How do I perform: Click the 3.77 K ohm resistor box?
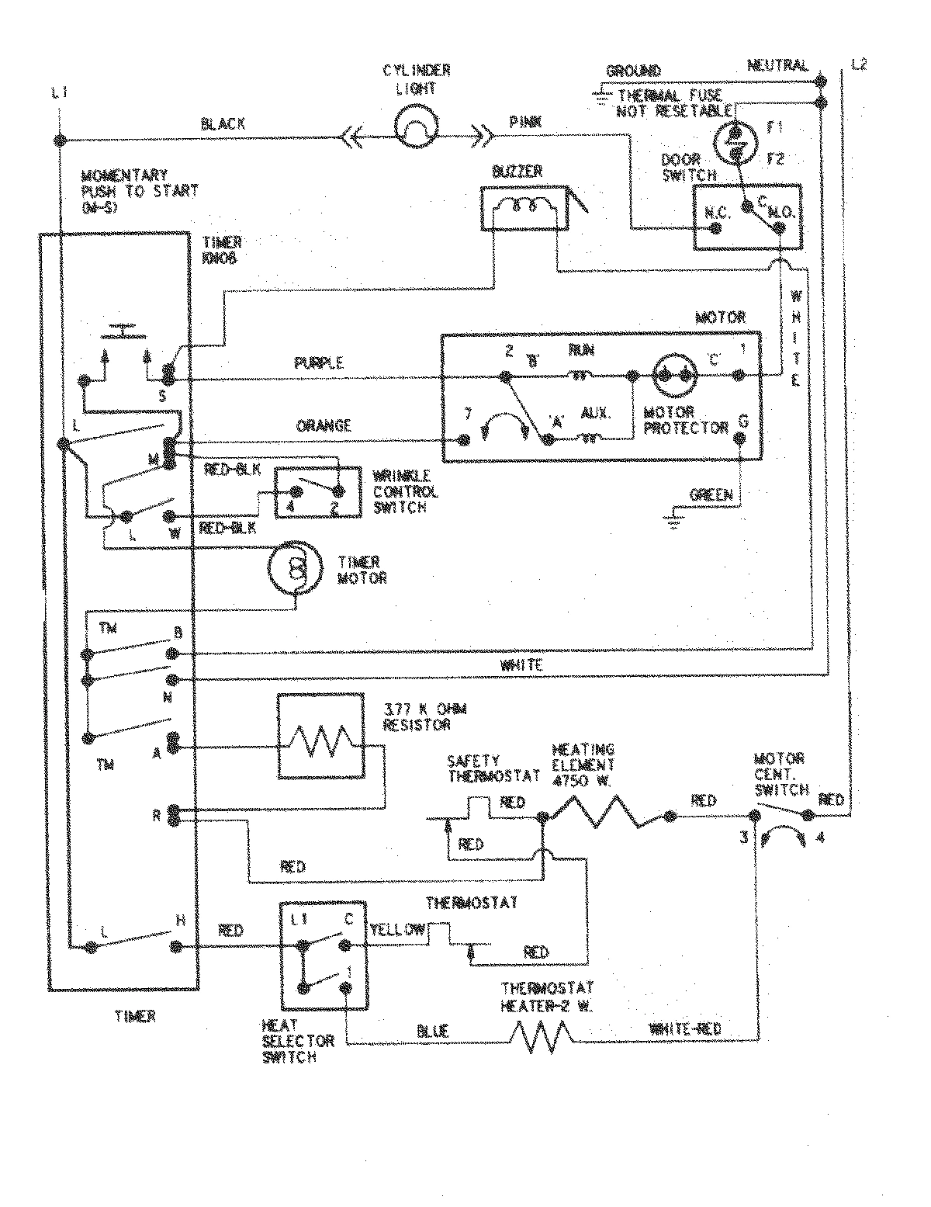(x=320, y=735)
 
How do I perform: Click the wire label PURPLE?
(x=319, y=362)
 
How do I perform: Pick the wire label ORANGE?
(x=324, y=425)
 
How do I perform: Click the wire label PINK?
(x=525, y=122)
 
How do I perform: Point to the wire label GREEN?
(x=711, y=494)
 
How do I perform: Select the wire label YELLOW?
(x=397, y=929)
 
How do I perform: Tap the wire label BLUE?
(x=432, y=1031)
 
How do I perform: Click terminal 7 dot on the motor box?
(x=465, y=440)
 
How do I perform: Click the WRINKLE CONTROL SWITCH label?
(x=406, y=492)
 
